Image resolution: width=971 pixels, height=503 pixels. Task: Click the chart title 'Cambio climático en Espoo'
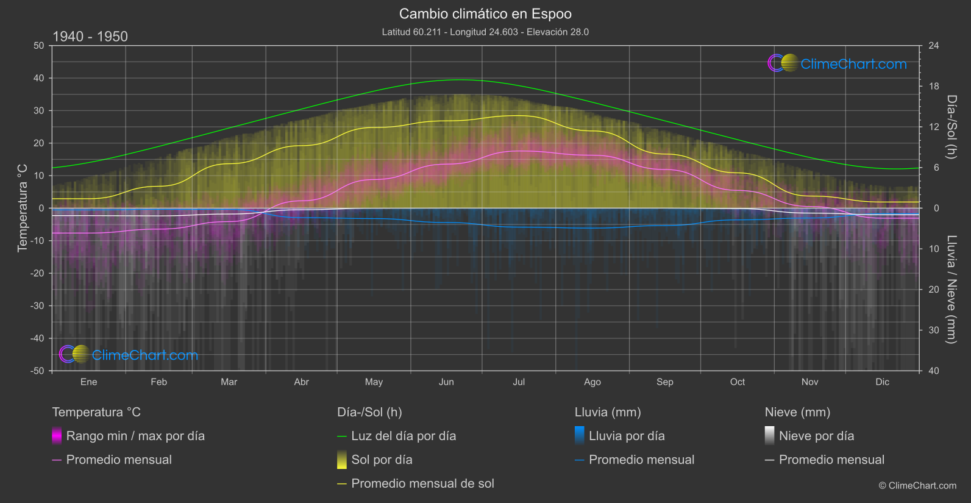click(485, 14)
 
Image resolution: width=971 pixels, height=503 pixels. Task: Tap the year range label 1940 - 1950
click(90, 37)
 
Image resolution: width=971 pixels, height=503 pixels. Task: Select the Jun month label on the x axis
click(446, 382)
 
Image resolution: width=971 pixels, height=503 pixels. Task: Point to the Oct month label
click(737, 382)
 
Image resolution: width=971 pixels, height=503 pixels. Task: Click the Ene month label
click(89, 382)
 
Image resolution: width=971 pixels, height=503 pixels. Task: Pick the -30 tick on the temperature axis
click(38, 306)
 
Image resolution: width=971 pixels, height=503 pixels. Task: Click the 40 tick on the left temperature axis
click(39, 78)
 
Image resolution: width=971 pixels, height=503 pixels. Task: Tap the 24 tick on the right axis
click(933, 46)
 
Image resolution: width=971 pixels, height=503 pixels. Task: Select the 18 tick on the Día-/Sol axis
click(933, 87)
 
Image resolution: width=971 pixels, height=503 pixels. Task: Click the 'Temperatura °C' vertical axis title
click(23, 207)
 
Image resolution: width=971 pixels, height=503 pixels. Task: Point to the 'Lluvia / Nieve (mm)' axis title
click(951, 290)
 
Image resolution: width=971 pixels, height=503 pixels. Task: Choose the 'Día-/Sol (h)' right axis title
click(951, 126)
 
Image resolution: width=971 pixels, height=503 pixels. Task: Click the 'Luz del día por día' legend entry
click(403, 436)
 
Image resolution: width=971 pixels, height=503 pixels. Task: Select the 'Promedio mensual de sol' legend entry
click(422, 483)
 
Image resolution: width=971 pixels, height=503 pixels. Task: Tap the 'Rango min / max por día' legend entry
click(135, 436)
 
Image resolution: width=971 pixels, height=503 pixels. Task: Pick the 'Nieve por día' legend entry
click(816, 436)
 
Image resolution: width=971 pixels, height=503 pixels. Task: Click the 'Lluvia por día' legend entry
click(626, 436)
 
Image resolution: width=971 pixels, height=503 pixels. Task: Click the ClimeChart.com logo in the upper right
click(838, 63)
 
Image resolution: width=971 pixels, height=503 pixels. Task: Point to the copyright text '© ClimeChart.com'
click(917, 486)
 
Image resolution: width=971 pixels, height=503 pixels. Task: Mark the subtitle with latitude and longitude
click(485, 32)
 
